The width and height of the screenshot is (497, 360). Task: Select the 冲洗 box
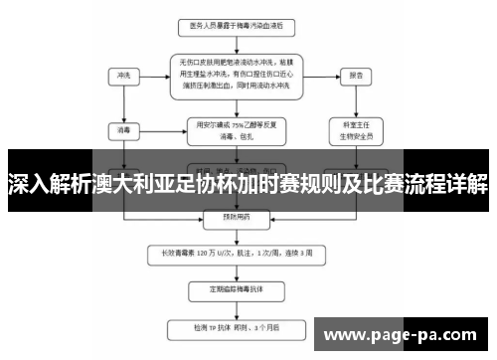point(123,75)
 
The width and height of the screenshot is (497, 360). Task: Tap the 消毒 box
point(123,128)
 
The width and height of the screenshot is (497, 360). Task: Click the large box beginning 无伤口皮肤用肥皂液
point(236,75)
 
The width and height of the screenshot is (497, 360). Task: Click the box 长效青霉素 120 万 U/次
point(235,252)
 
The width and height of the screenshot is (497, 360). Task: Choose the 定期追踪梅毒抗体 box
point(235,289)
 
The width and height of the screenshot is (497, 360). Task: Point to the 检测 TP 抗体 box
point(235,325)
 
